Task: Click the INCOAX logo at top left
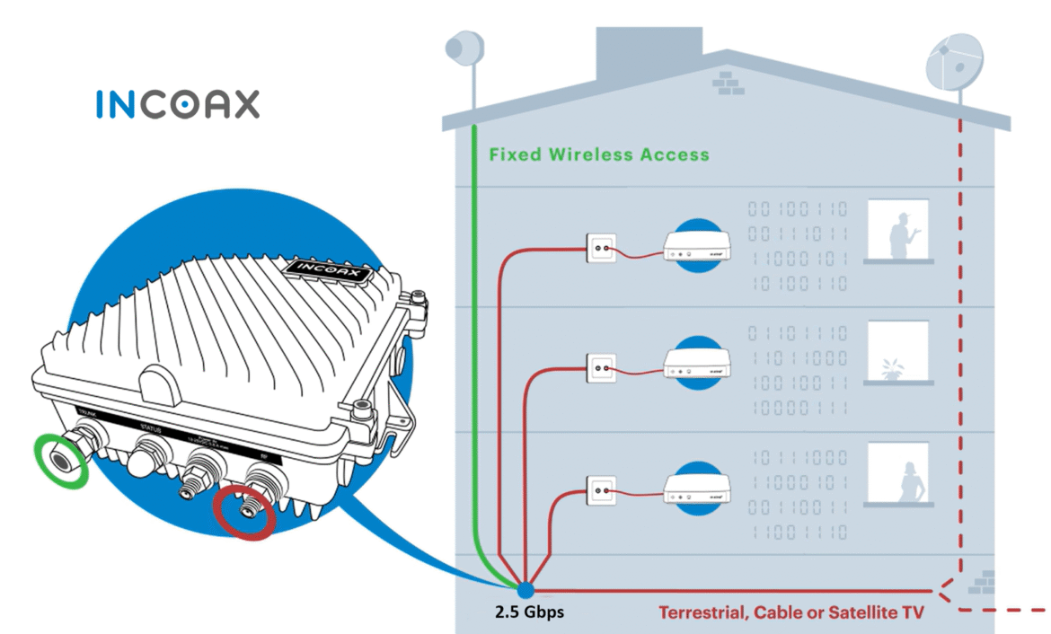point(177,104)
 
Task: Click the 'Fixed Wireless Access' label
point(599,154)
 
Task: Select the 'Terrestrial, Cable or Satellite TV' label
point(790,613)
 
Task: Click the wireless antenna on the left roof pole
point(465,47)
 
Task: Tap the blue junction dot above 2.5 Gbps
point(524,590)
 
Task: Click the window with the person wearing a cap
point(898,233)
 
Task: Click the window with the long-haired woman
point(898,475)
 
